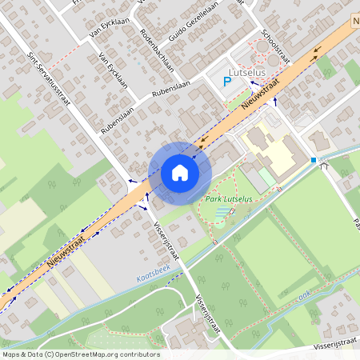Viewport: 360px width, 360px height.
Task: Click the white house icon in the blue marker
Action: (179, 173)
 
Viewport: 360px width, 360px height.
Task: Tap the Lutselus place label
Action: (246, 71)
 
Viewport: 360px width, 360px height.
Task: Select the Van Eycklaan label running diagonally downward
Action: (114, 71)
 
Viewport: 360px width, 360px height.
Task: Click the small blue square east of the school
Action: (314, 160)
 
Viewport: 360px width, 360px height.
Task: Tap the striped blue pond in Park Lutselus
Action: (217, 213)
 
